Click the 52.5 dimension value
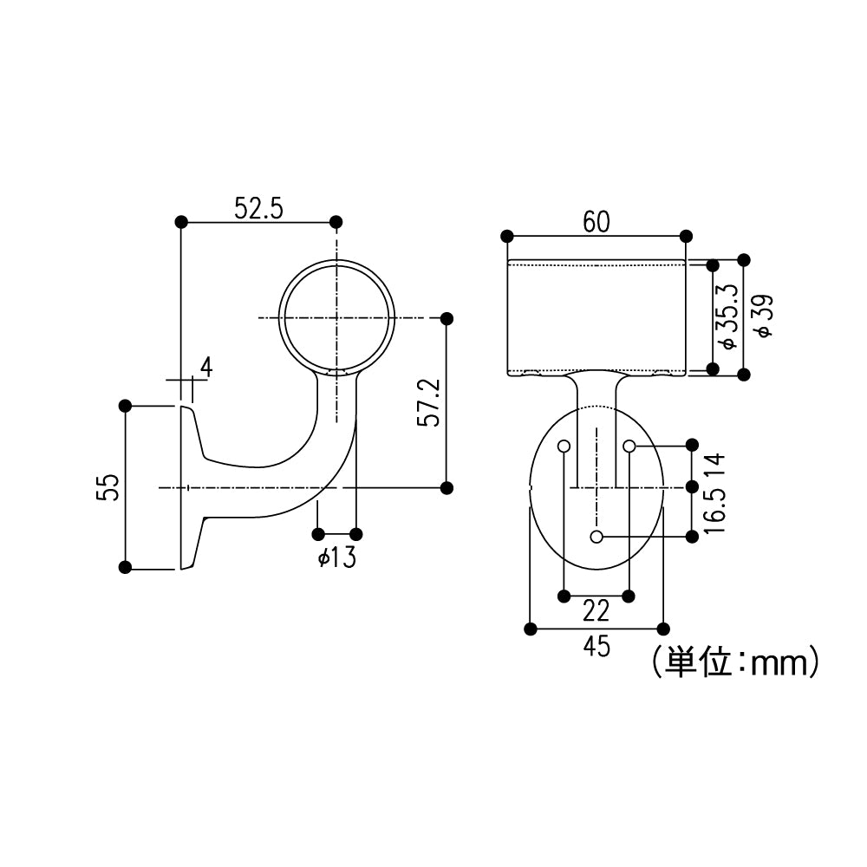[259, 208]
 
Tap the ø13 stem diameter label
[337, 557]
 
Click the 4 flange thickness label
[205, 368]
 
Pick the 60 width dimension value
[596, 222]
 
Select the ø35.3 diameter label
[728, 316]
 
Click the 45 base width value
[596, 647]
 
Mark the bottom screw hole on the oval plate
[596, 537]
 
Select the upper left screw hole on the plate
[564, 447]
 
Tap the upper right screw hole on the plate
[629, 447]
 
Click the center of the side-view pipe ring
[336, 318]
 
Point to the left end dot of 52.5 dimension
[181, 222]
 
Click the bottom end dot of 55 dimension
[125, 568]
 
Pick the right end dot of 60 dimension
[686, 236]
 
